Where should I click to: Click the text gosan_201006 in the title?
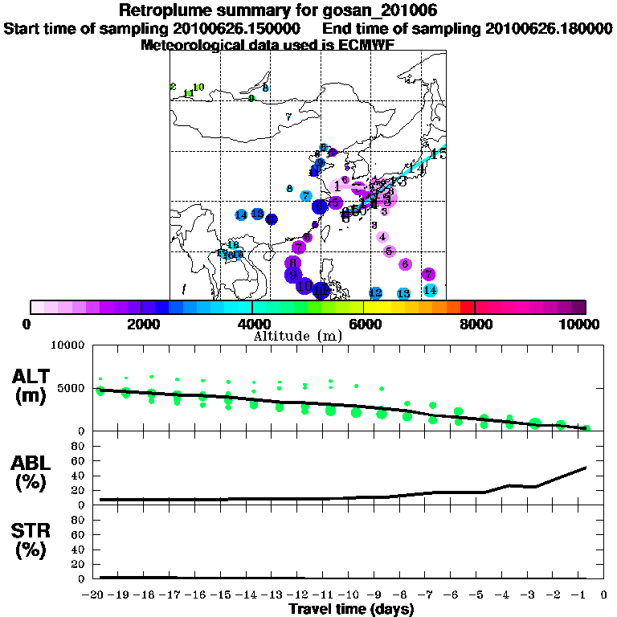point(379,10)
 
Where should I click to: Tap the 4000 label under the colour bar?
point(252,324)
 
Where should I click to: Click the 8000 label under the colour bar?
point(475,324)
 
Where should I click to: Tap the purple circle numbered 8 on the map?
point(293,262)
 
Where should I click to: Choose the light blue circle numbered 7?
point(306,196)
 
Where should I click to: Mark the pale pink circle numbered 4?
point(382,237)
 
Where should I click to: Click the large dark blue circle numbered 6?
point(320,206)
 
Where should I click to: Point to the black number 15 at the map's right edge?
point(438,153)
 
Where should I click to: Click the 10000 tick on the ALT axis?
point(68,345)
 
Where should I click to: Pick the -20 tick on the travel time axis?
point(96,595)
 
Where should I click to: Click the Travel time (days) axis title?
point(351,610)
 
